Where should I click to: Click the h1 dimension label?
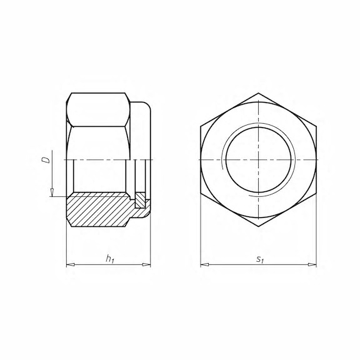(x=110, y=259)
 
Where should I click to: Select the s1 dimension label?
(x=260, y=259)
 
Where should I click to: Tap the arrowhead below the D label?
(x=52, y=192)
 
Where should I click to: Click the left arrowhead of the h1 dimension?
(x=71, y=265)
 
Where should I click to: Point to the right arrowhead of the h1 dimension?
(x=146, y=265)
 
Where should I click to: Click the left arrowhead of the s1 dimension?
(x=204, y=265)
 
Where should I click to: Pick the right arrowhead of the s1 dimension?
(x=312, y=265)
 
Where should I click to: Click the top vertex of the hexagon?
(x=259, y=93)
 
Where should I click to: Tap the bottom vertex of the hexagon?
(x=259, y=227)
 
